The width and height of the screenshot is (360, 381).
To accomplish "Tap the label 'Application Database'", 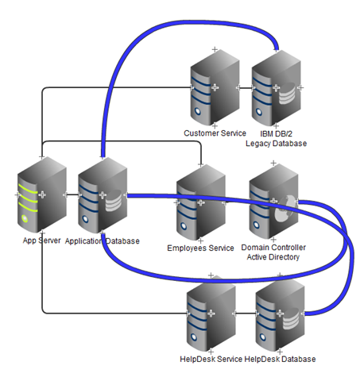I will coord(102,240).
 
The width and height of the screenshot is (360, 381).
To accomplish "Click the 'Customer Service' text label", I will coord(215,133).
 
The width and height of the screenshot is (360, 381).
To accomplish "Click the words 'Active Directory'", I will coord(274,258).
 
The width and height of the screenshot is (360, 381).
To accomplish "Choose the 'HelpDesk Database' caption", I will coord(281,360).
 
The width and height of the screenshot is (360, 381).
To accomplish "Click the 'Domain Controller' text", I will coord(274,248).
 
